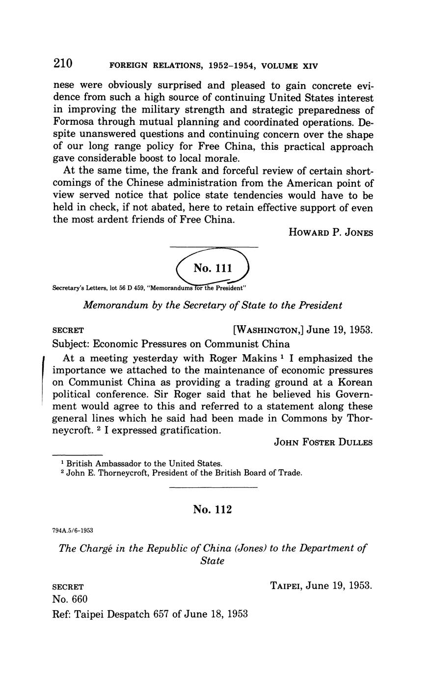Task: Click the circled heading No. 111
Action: (x=213, y=268)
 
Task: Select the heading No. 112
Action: (x=212, y=509)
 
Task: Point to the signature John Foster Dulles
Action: (x=323, y=442)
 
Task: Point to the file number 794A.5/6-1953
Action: (x=73, y=531)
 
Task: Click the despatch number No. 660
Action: (x=70, y=599)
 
